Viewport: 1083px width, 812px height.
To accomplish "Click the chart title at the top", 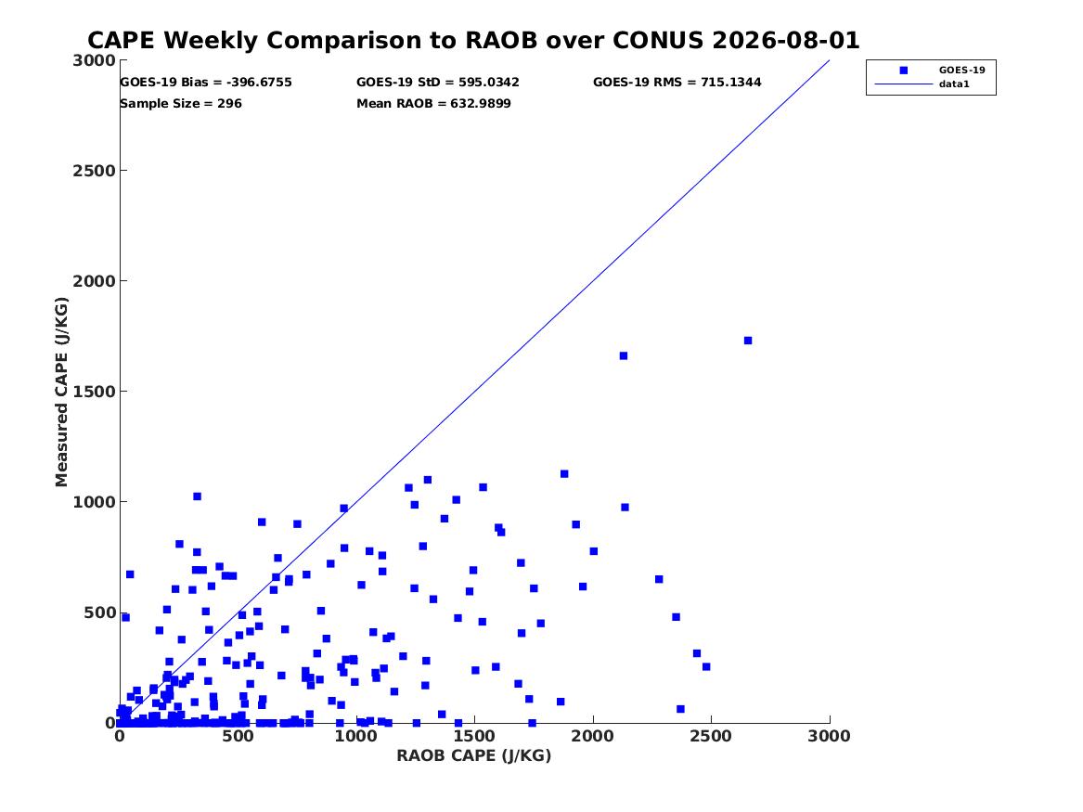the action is (473, 40).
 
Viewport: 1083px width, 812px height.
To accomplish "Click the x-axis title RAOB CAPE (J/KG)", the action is (474, 755).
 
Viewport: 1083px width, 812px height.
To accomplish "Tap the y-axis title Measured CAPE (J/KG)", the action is (61, 392).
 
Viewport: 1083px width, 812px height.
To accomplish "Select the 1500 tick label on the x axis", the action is (474, 736).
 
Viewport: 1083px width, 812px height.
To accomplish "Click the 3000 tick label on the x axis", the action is (829, 736).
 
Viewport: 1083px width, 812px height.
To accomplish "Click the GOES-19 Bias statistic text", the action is (206, 83).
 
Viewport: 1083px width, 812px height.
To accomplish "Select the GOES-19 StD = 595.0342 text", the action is (438, 83).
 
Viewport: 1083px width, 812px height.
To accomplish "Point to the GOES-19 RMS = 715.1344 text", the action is (677, 83).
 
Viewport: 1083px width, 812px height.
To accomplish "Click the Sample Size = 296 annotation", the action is (181, 104).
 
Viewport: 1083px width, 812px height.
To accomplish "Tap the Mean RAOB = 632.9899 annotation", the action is (433, 104).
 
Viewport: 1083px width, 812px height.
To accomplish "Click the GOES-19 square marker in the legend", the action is (903, 70).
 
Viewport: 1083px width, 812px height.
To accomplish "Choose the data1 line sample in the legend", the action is (903, 84).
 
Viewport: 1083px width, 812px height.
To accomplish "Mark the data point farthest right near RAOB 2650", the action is (747, 341).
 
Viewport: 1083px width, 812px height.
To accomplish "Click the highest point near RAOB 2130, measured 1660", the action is (623, 355).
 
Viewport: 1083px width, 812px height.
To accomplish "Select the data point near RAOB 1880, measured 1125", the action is (564, 473).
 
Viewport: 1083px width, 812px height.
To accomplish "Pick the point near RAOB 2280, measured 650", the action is (659, 579).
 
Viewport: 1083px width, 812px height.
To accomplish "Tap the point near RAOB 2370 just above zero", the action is (680, 709).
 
